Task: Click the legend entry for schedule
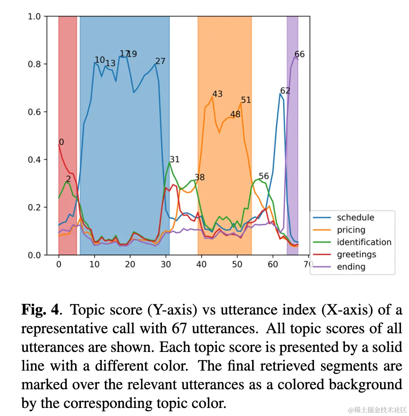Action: tap(355, 218)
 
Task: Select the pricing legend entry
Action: tap(351, 230)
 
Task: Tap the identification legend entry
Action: tap(364, 242)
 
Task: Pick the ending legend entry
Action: tap(351, 267)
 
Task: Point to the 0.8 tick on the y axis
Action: tap(34, 64)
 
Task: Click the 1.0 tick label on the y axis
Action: tap(34, 16)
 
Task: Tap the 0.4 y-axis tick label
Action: tap(34, 160)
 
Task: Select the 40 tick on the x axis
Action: tap(201, 264)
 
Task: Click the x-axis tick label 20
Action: tap(130, 264)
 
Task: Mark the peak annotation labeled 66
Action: tap(299, 54)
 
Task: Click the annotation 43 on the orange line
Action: tap(217, 94)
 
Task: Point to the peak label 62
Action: tap(285, 91)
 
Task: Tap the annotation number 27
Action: tap(160, 61)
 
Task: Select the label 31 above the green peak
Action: tap(174, 159)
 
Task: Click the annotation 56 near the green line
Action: tap(264, 176)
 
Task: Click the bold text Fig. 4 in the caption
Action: tap(40, 310)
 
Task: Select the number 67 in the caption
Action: tap(179, 328)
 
